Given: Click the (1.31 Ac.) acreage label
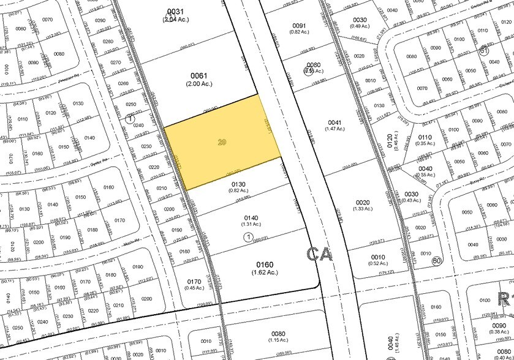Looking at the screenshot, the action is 251,224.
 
